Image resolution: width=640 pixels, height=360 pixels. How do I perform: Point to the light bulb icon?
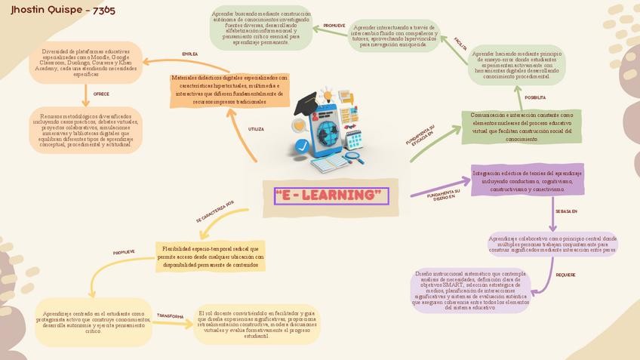tap(326, 96)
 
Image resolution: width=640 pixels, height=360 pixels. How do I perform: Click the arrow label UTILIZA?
tap(256, 129)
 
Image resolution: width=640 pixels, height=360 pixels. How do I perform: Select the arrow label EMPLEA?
tap(190, 54)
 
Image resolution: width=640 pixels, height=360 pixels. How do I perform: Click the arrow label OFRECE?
tap(101, 94)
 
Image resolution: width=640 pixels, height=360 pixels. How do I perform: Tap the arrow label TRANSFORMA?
tap(170, 316)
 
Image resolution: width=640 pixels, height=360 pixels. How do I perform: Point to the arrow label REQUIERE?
tap(565, 275)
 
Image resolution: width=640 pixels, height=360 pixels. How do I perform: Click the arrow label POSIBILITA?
tap(535, 97)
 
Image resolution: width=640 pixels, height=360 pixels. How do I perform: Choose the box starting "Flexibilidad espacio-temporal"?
tap(211, 257)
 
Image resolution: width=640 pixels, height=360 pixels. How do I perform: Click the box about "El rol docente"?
tap(257, 324)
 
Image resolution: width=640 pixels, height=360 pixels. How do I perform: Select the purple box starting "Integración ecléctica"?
tap(528, 181)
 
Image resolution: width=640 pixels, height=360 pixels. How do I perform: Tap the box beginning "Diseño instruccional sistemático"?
tap(470, 291)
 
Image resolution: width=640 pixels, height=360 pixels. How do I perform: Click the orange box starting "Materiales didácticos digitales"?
tap(229, 89)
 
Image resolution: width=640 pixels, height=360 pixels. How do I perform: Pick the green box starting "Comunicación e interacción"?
tap(522, 127)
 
